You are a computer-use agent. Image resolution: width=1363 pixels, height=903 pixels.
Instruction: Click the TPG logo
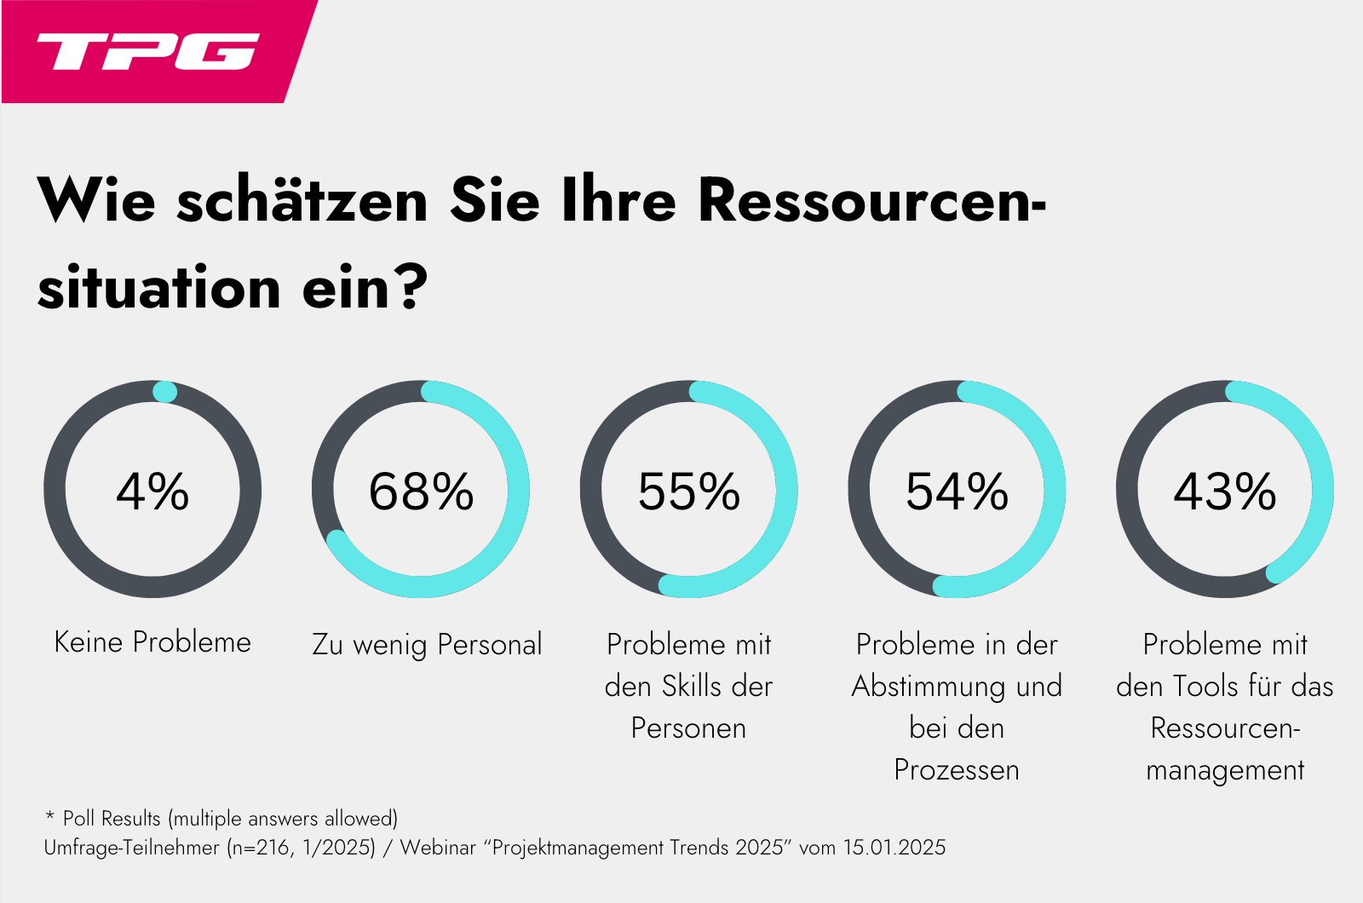(x=147, y=51)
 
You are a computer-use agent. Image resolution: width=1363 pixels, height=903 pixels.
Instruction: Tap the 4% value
(x=152, y=492)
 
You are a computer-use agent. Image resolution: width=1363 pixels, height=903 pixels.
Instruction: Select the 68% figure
(x=421, y=492)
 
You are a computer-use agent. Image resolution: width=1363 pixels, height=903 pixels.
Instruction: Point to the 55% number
(x=689, y=492)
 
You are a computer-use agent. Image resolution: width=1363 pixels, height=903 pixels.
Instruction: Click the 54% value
(x=957, y=492)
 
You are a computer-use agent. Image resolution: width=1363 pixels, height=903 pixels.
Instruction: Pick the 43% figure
(x=1225, y=492)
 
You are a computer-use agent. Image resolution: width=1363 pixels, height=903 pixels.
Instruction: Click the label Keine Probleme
(x=152, y=642)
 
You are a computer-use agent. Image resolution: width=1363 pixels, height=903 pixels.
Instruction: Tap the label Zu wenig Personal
(x=427, y=645)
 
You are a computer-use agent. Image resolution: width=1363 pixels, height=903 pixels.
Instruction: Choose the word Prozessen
(x=957, y=770)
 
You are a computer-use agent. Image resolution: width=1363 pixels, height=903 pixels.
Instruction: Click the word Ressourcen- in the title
(x=872, y=201)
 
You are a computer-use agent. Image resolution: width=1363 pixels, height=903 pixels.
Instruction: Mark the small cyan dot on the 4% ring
(x=164, y=392)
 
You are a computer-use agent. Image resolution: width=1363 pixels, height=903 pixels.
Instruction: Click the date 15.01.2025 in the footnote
(x=894, y=848)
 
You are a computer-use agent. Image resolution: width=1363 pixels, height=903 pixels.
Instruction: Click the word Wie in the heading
(x=96, y=201)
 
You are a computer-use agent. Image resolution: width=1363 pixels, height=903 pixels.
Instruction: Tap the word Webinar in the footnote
(x=438, y=848)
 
